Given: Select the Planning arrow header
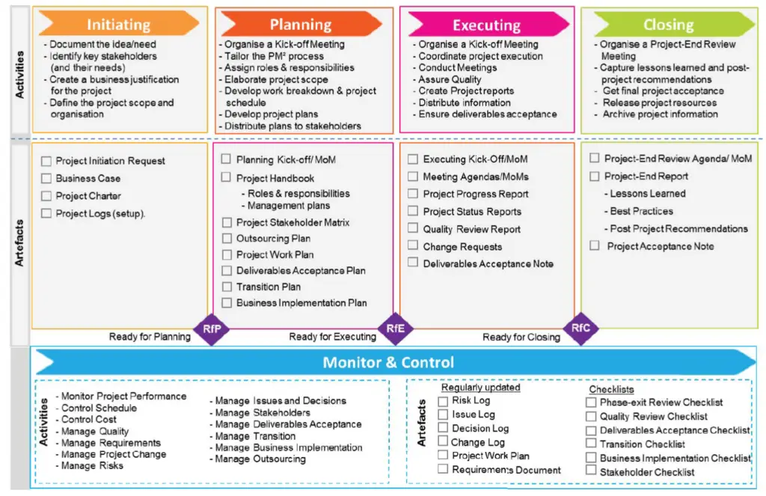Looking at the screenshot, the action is (301, 23).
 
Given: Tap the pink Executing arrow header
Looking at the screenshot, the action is (488, 25).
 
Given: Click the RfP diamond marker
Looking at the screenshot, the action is (212, 329).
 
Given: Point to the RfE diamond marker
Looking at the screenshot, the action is (395, 328).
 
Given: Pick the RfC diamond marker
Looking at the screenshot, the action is (580, 328).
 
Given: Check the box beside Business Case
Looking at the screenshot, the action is (46, 178).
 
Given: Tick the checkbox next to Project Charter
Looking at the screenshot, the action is (46, 196).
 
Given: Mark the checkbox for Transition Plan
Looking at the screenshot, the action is (227, 287).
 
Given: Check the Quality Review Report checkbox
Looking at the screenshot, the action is (413, 228).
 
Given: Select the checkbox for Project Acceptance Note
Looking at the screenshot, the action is (595, 245).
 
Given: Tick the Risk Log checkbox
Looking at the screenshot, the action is (443, 401).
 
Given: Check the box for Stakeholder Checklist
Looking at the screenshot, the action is (591, 470).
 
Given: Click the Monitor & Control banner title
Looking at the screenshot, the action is (388, 362).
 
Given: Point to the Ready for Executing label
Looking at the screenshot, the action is (333, 337).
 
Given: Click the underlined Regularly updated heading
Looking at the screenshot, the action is (481, 388).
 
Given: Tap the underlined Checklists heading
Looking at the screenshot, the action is (611, 390).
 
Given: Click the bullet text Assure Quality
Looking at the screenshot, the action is (450, 79).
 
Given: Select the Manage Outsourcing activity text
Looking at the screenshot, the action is (260, 459).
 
